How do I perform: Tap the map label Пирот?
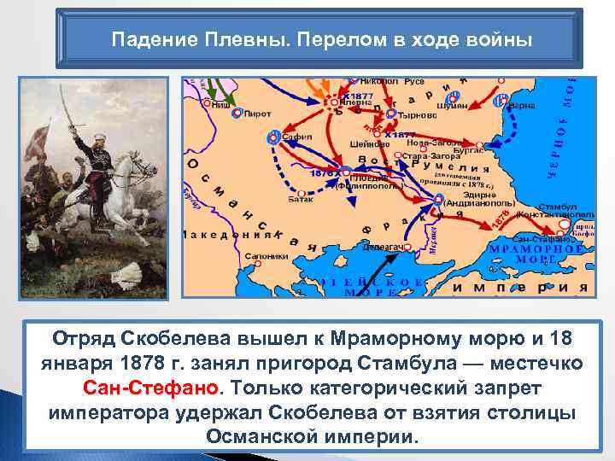tap(257, 113)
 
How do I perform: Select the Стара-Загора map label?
tap(426, 157)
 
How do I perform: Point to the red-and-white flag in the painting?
tap(35, 141)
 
